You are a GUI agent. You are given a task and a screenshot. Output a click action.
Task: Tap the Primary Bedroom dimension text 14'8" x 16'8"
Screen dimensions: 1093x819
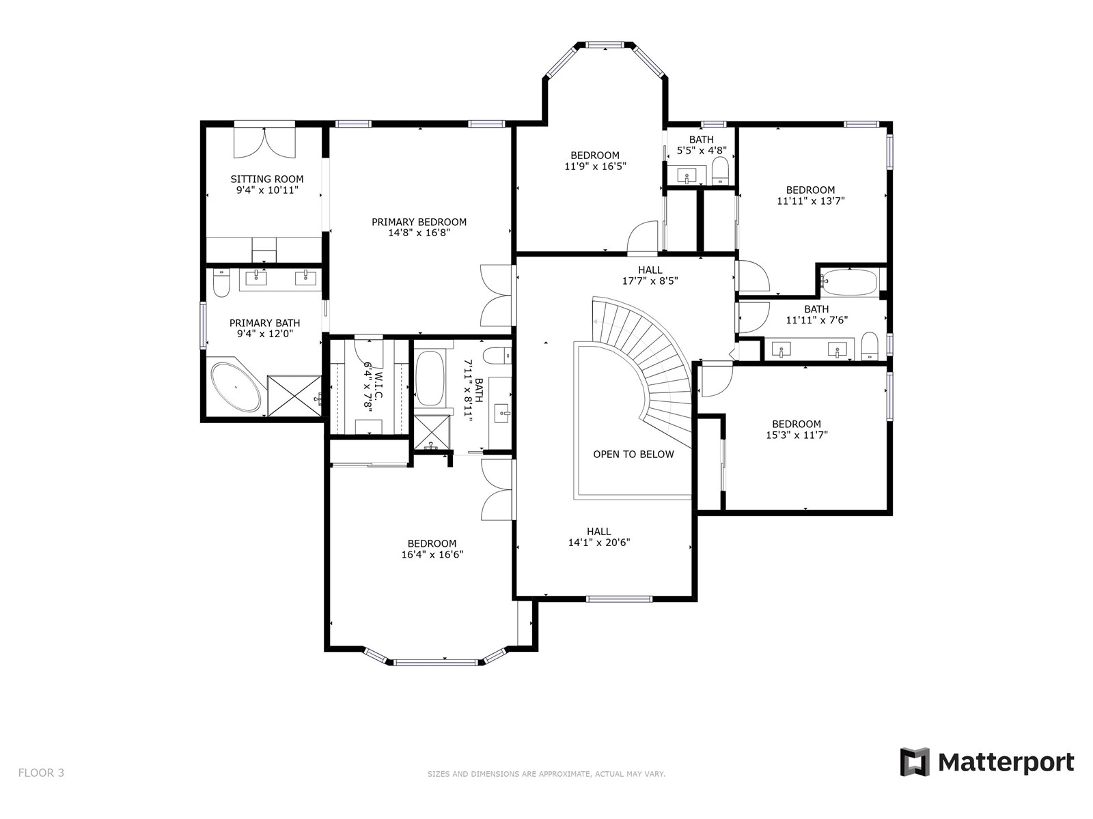tap(419, 233)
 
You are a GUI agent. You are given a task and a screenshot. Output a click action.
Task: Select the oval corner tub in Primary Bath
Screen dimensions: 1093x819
tap(236, 388)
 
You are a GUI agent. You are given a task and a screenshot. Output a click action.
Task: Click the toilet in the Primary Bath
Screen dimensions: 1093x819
tap(221, 283)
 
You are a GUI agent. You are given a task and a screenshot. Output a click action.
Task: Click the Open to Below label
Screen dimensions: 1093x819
tap(633, 454)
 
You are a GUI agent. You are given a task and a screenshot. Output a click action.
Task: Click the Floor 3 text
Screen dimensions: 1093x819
tap(42, 773)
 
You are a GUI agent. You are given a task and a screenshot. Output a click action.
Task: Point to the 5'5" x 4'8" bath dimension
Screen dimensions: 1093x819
tap(702, 150)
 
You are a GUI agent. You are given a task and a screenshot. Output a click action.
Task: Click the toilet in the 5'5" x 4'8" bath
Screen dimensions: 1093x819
tap(720, 170)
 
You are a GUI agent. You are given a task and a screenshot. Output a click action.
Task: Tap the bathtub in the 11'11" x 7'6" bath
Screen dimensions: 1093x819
tap(850, 283)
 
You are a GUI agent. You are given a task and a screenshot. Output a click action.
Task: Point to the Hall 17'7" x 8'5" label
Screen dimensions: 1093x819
tap(650, 276)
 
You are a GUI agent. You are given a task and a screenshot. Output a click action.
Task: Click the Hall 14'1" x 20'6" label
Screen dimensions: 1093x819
tap(599, 536)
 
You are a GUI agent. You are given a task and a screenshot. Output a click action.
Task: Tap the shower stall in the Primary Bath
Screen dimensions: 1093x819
tap(294, 395)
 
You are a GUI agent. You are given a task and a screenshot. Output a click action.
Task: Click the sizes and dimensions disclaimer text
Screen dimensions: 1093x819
tap(546, 774)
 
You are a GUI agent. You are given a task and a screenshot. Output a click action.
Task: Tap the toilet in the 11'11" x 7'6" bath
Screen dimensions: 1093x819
tap(870, 345)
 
